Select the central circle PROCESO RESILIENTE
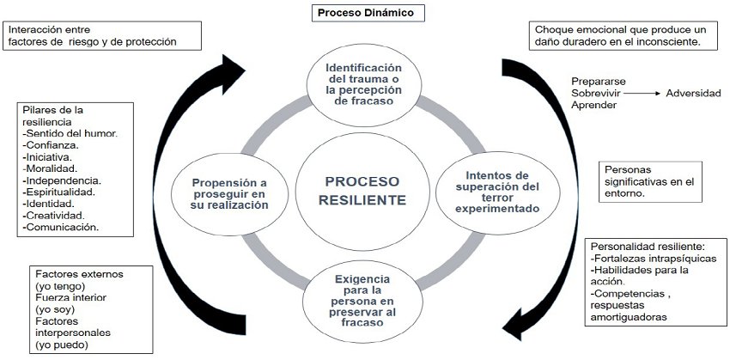[362, 191]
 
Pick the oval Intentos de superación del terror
[496, 192]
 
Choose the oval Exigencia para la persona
[362, 301]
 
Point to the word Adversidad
[693, 93]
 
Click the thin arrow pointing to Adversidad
[642, 93]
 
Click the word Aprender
[594, 106]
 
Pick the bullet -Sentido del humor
[70, 134]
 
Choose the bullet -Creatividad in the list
[54, 215]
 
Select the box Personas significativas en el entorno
[650, 181]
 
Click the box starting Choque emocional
[624, 35]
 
